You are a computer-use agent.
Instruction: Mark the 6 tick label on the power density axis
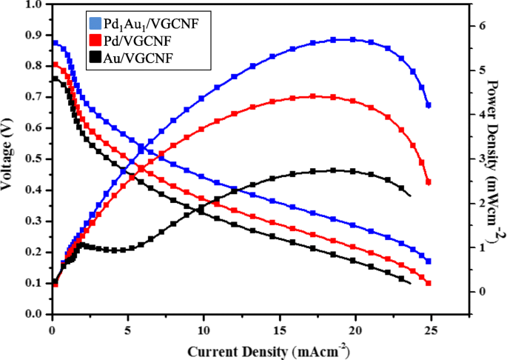coord(483,26)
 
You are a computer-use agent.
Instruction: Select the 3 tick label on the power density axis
coord(483,159)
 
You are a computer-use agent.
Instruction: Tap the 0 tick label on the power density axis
coord(483,291)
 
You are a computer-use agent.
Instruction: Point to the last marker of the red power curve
coord(429,182)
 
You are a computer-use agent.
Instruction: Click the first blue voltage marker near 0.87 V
coord(56,43)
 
